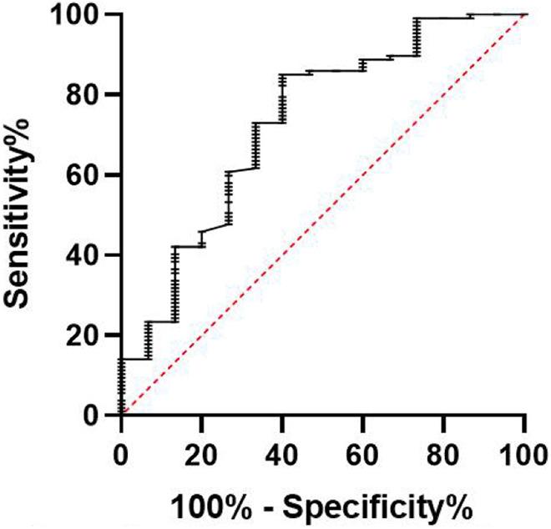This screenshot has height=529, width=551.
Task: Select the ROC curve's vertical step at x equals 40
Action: (x=283, y=98)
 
